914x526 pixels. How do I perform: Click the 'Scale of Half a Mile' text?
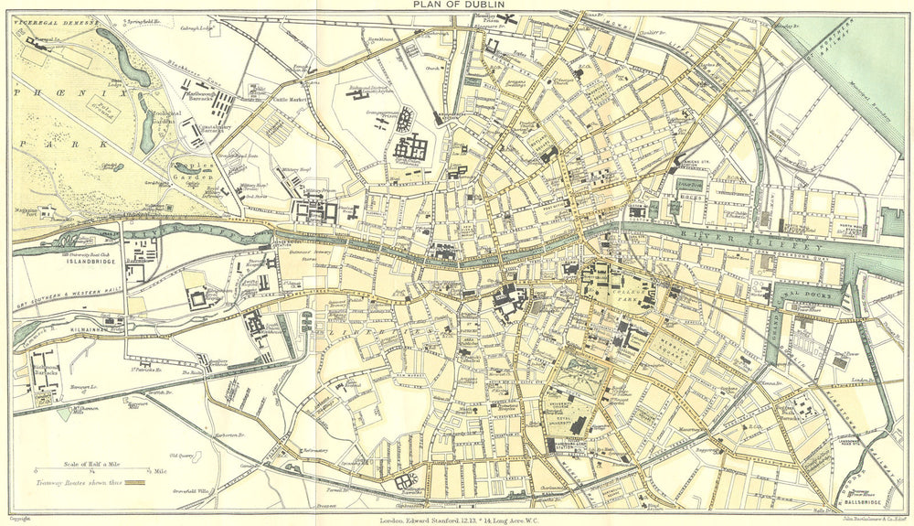[91, 462]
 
